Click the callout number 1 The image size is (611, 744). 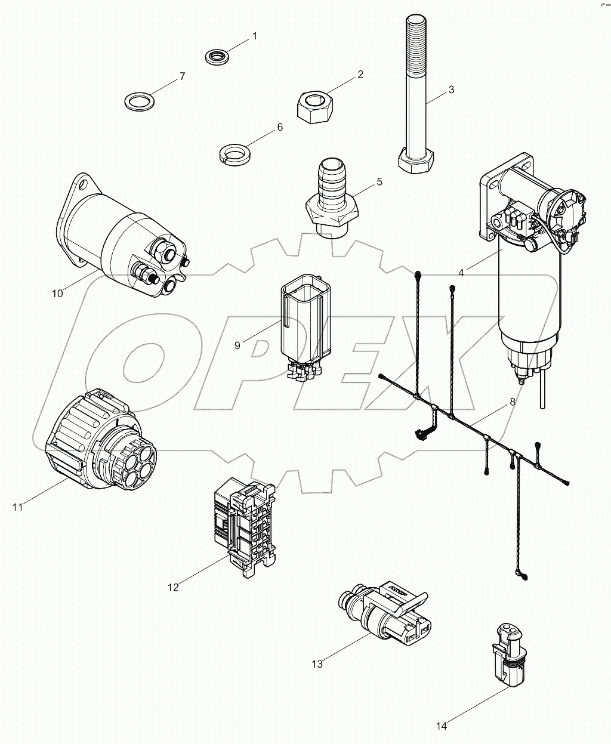[x=255, y=36]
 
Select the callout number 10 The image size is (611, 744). [x=57, y=293]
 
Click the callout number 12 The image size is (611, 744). [x=173, y=587]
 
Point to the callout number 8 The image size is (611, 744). [x=512, y=402]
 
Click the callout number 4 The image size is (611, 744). [x=461, y=273]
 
